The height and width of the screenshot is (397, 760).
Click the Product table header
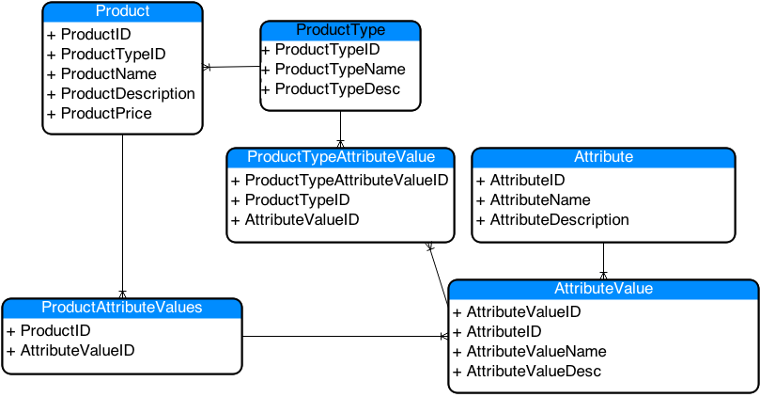[122, 11]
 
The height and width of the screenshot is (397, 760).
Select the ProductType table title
[340, 30]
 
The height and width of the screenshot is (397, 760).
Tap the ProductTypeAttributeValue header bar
[340, 156]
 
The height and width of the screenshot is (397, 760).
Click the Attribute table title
[603, 156]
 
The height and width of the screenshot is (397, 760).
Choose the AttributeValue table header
[603, 288]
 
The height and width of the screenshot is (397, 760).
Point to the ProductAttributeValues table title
[122, 308]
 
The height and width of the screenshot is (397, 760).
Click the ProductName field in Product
[108, 73]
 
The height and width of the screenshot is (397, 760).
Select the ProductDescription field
[127, 93]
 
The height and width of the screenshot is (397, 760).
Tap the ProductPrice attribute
[105, 113]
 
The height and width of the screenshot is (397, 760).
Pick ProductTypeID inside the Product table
[113, 54]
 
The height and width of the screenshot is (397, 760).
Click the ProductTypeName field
[339, 69]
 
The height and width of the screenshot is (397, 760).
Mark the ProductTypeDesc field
[337, 88]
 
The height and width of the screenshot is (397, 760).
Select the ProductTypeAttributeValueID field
[346, 180]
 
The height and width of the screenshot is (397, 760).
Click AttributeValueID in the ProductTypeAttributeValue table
[301, 219]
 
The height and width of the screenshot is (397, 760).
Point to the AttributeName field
[539, 199]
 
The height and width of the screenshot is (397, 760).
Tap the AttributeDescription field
[559, 219]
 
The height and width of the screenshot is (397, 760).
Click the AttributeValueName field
[535, 351]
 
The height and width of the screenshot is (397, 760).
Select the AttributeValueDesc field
[533, 371]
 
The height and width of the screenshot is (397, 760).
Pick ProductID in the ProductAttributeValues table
[55, 330]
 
